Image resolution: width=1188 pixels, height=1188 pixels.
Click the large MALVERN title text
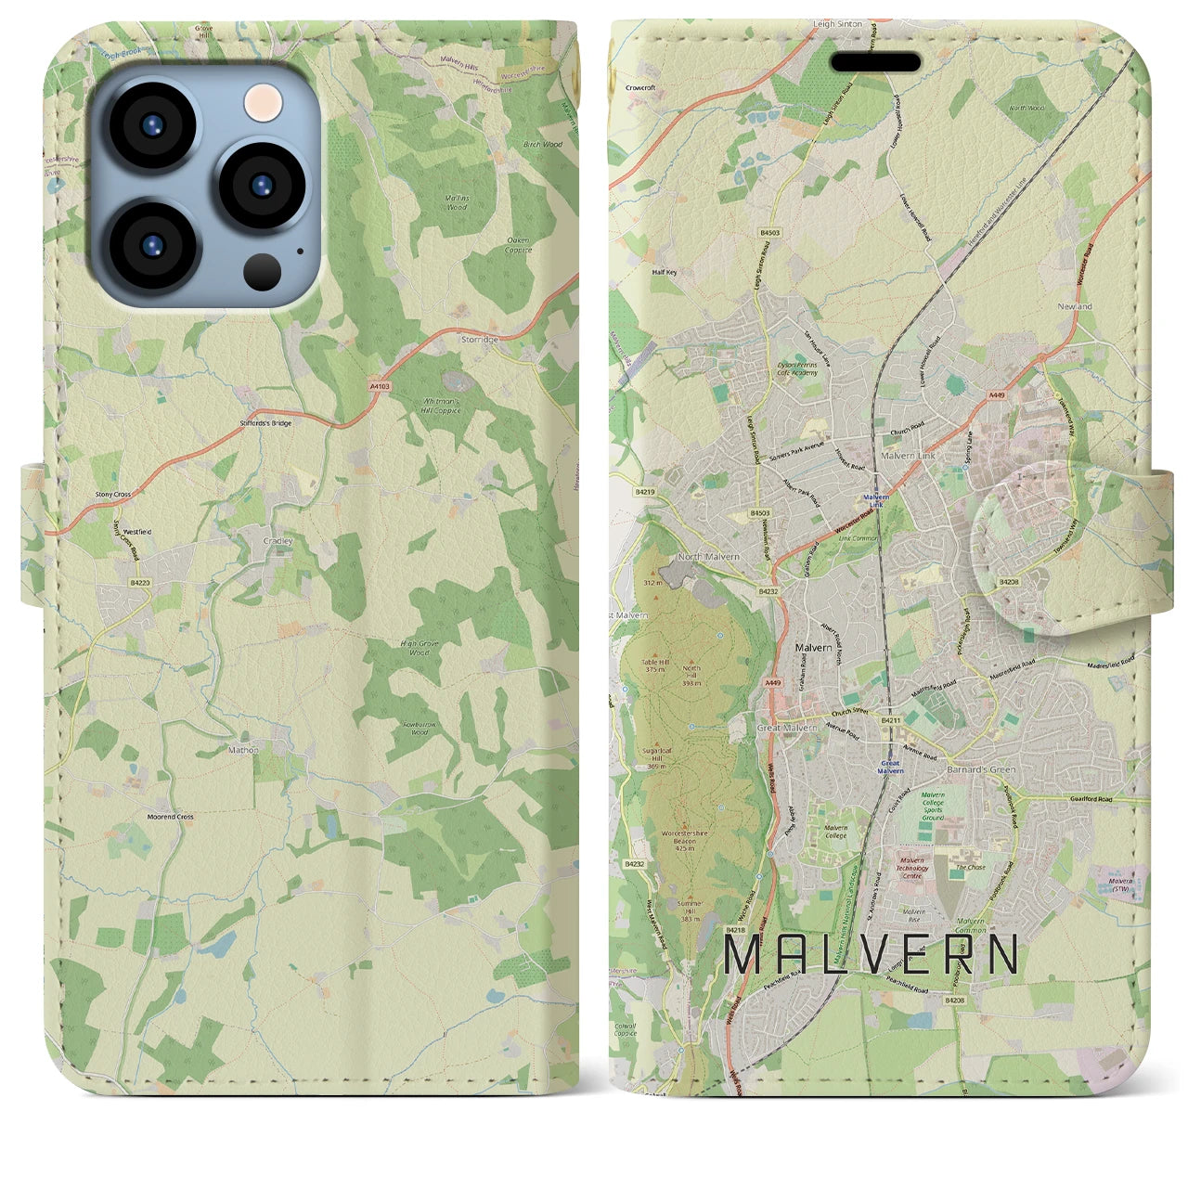[871, 954]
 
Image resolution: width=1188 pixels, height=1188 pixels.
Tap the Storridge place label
[481, 340]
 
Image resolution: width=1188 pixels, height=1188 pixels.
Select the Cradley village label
[278, 540]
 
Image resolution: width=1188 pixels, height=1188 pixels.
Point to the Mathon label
[243, 749]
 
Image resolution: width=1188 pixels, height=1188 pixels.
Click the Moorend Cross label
[171, 817]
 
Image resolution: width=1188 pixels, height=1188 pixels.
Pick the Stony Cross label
[113, 495]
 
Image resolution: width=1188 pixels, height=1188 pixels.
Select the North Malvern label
[708, 557]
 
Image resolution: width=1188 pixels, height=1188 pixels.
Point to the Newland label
[1075, 306]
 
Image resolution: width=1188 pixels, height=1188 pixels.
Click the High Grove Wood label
[420, 648]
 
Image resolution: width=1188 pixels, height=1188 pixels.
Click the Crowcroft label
[640, 87]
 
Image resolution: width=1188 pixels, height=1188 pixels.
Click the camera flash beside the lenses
[264, 100]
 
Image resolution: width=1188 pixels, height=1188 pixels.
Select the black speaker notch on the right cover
[875, 63]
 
